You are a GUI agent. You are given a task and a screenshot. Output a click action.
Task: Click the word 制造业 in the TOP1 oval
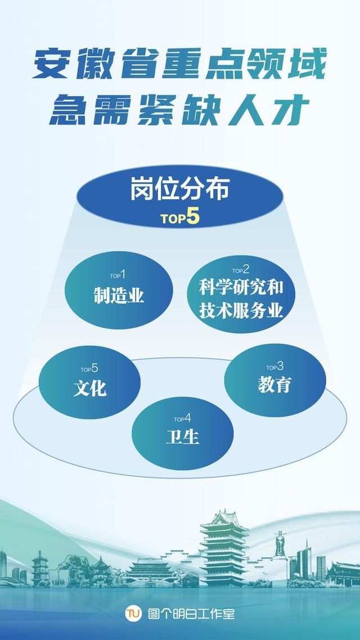[119, 295]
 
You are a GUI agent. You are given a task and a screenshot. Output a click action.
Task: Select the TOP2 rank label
[241, 270]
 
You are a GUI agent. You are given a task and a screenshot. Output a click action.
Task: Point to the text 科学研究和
[241, 287]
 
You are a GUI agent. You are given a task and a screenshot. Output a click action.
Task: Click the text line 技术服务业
[241, 310]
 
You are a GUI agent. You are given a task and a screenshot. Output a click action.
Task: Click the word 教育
[274, 385]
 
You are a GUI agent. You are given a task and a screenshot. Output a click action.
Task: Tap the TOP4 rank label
[182, 418]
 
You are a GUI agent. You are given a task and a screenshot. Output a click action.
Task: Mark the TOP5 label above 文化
[89, 368]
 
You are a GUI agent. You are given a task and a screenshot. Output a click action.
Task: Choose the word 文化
[90, 387]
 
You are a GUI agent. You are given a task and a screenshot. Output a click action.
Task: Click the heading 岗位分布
[180, 190]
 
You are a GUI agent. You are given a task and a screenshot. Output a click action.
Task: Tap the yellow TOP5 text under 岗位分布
[180, 218]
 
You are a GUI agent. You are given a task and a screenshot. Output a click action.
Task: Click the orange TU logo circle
[133, 613]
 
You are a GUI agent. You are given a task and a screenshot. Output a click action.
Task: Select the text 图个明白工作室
[191, 614]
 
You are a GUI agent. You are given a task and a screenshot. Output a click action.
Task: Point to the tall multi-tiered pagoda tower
[224, 548]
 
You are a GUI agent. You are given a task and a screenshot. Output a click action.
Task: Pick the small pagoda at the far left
[40, 568]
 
